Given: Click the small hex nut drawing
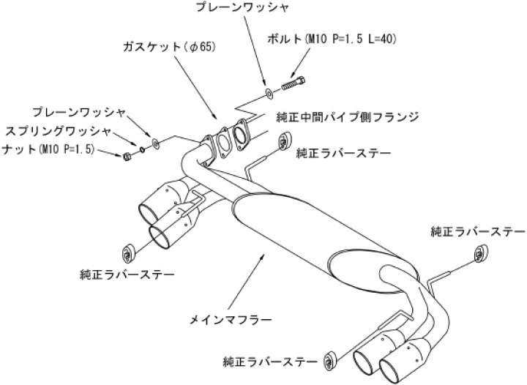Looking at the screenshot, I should coord(127,155).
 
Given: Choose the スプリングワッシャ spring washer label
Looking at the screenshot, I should coord(58,132).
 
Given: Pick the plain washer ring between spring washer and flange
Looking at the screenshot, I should coord(155,141).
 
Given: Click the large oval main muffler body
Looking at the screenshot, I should coord(307,227).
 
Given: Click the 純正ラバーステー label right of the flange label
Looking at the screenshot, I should coord(343,152).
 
